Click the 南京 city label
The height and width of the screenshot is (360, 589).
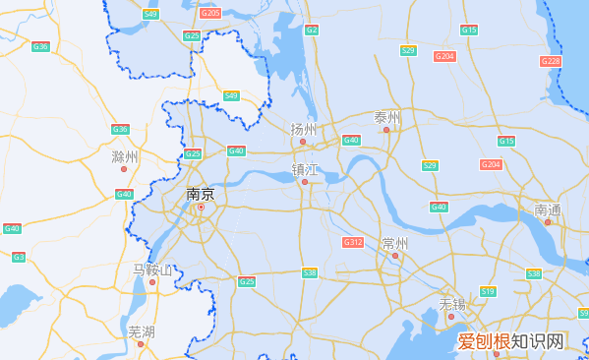[x=200, y=194]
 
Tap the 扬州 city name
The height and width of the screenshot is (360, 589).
[x=304, y=129]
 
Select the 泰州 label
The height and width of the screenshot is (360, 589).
[x=387, y=117]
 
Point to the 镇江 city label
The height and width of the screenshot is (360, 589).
[x=305, y=169]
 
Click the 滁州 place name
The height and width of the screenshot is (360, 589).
[x=125, y=156]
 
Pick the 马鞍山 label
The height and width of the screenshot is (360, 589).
[x=152, y=270]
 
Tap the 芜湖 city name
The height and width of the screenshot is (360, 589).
[x=142, y=330]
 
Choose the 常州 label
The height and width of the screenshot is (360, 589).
[x=395, y=243]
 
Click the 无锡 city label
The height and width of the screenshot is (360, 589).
[x=451, y=303]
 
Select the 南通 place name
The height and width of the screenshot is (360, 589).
[x=548, y=210]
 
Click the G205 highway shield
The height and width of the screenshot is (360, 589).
[x=210, y=13]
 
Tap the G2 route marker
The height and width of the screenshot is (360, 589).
[x=312, y=30]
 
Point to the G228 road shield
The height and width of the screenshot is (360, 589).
[x=551, y=61]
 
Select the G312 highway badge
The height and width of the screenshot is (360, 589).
[x=353, y=242]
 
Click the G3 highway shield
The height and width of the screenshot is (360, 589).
[x=19, y=257]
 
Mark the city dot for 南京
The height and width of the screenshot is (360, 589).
[x=201, y=207]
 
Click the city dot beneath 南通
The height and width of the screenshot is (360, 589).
[x=548, y=221]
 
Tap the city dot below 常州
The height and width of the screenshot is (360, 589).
[x=395, y=256]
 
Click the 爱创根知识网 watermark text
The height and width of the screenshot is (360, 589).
[x=511, y=341]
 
